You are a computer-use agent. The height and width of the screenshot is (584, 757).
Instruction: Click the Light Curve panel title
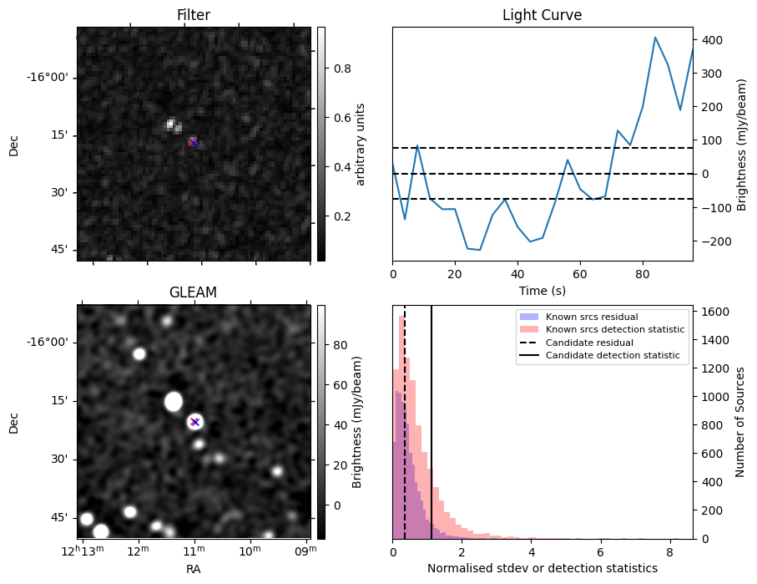point(542,15)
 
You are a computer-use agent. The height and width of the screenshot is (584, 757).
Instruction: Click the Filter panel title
point(194,15)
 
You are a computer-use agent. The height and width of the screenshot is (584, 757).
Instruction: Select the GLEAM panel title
point(194,292)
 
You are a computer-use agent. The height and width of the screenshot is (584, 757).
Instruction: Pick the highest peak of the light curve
point(655,37)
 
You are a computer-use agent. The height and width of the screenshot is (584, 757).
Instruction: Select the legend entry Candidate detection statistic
point(612,356)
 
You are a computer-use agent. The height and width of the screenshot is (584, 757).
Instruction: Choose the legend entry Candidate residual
point(589,343)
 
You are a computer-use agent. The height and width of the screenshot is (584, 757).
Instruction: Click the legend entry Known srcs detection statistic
point(614,330)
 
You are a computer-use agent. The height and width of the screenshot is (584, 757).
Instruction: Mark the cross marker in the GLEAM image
point(194,422)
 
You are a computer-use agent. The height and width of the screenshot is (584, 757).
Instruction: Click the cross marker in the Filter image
point(194,143)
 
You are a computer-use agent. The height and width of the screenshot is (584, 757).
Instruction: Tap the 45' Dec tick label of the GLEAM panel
point(57,518)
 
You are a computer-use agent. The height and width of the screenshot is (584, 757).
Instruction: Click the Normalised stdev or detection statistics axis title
point(542,568)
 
